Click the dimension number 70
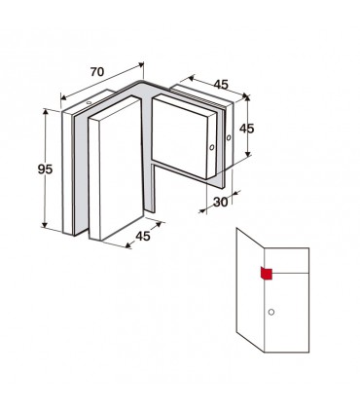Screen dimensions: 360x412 97,72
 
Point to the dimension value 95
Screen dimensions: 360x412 45,169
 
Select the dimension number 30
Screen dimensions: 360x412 221,202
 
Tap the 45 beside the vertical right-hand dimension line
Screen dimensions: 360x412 246,129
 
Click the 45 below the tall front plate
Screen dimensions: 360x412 143,236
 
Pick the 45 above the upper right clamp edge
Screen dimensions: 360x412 221,85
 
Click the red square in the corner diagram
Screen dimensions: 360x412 266,274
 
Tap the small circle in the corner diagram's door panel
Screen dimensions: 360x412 271,313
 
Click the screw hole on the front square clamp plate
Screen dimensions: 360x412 212,147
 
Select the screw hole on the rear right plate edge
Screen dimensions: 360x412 229,137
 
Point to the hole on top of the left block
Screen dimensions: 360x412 89,103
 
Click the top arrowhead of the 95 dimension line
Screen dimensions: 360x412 46,112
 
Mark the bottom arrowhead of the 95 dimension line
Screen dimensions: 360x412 45,225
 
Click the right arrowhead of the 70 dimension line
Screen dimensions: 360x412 141,64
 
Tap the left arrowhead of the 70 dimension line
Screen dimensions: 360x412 64,97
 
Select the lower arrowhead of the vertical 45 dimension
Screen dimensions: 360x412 248,153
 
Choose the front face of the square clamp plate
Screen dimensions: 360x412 179,137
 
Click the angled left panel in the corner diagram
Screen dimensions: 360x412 251,290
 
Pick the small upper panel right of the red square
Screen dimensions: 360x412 287,260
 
